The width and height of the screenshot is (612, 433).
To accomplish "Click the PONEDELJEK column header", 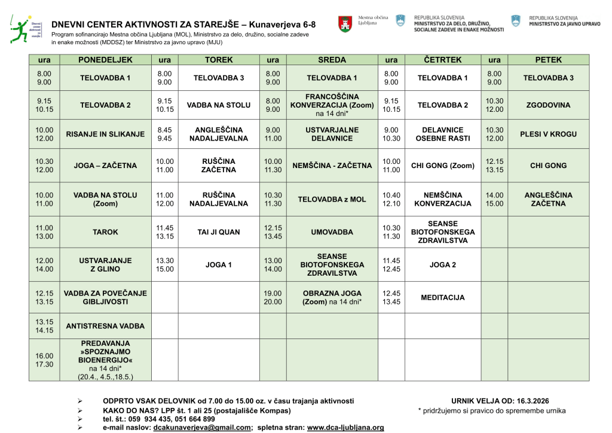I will pyautogui.click(x=105, y=60).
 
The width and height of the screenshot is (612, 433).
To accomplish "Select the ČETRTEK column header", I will pyautogui.click(x=442, y=60).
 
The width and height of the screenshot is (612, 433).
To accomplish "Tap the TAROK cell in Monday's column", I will pyautogui.click(x=105, y=232).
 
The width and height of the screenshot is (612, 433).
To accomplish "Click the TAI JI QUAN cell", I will pyautogui.click(x=219, y=232).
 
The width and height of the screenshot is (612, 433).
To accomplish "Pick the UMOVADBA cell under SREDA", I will pyautogui.click(x=332, y=232).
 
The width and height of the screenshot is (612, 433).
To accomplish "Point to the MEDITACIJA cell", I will pyautogui.click(x=442, y=297).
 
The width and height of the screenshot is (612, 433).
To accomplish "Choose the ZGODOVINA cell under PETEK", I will pyautogui.click(x=548, y=105).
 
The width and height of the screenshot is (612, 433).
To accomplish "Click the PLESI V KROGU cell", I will pyautogui.click(x=548, y=134).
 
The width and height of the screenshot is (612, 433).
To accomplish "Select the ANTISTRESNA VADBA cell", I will pyautogui.click(x=105, y=326).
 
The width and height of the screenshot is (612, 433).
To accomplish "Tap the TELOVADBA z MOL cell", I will pyautogui.click(x=332, y=199).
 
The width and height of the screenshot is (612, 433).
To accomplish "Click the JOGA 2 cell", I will pyautogui.click(x=442, y=264).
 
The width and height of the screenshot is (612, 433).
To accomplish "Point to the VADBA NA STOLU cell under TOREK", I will pyautogui.click(x=219, y=105).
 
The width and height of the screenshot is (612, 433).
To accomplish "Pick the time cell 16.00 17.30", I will pyautogui.click(x=45, y=360).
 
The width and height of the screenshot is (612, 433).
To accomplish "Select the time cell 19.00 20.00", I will pyautogui.click(x=273, y=297).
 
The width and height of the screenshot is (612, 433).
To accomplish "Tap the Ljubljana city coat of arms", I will pyautogui.click(x=345, y=25).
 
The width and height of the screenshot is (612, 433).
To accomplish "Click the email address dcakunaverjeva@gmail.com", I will pyautogui.click(x=202, y=428).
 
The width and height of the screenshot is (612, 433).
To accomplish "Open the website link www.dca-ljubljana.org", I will pyautogui.click(x=345, y=428).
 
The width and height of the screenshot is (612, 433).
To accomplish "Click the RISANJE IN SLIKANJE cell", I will pyautogui.click(x=105, y=134).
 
